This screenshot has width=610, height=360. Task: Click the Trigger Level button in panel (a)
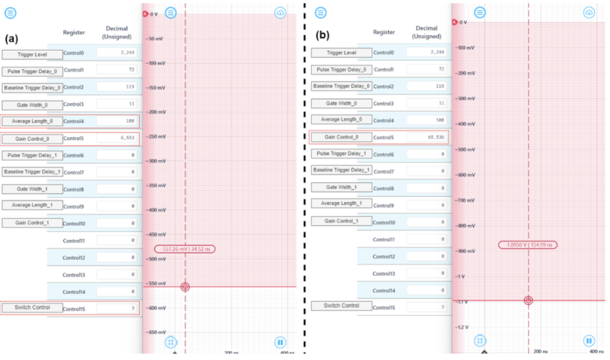pyautogui.click(x=32, y=54)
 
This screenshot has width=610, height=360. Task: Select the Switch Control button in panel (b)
pyautogui.click(x=341, y=306)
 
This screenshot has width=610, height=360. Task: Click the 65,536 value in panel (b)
pyautogui.click(x=427, y=137)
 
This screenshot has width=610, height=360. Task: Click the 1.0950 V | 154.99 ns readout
pyautogui.click(x=528, y=245)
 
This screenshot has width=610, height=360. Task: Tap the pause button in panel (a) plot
pyautogui.click(x=281, y=342)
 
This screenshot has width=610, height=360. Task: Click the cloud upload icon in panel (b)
pyautogui.click(x=589, y=13)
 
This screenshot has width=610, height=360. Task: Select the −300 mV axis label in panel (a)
pyautogui.click(x=156, y=161)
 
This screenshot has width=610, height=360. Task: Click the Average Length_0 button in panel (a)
pyautogui.click(x=32, y=121)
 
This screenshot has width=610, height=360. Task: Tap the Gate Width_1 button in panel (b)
pyautogui.click(x=341, y=187)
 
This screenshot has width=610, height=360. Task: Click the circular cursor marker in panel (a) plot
pyautogui.click(x=185, y=287)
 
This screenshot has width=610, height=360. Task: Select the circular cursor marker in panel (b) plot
pyautogui.click(x=528, y=300)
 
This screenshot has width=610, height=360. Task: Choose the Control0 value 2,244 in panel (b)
pyautogui.click(x=427, y=52)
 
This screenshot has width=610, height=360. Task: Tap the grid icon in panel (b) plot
pyautogui.click(x=480, y=340)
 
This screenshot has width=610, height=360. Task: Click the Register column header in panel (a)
pyautogui.click(x=74, y=32)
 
